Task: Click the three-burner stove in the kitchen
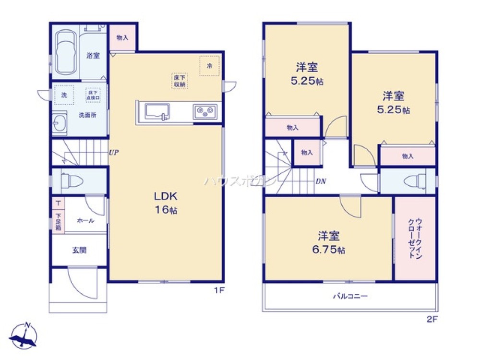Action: tap(205, 113)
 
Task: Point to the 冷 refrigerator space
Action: tap(209, 66)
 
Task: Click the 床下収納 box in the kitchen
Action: tap(180, 81)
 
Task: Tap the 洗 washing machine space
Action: tap(64, 95)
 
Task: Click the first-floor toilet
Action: tap(73, 181)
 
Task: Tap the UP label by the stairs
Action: tap(113, 153)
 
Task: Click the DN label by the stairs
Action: tap(321, 181)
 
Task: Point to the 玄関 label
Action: tap(80, 250)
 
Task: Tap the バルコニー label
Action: tap(350, 296)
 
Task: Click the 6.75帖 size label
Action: tap(328, 250)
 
